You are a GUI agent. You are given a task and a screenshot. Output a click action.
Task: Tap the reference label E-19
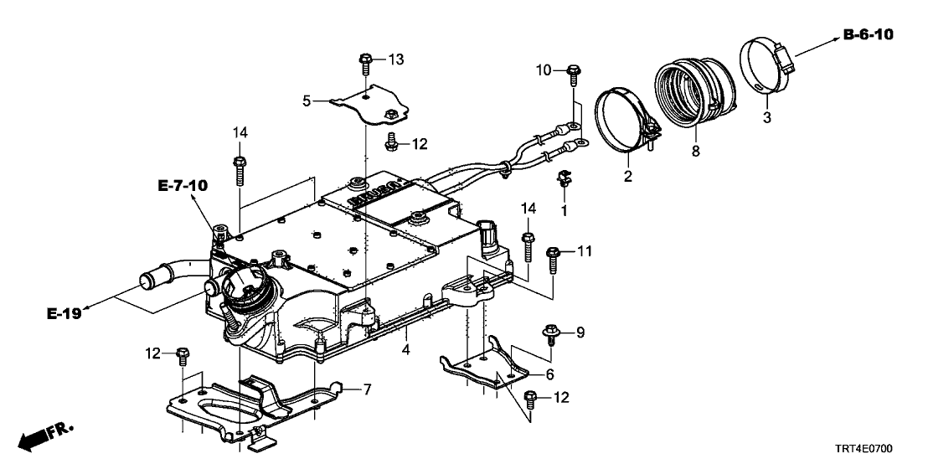point(64,314)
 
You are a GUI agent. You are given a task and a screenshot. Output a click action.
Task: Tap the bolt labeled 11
point(553,256)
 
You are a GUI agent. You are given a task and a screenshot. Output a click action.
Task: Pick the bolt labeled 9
point(550,333)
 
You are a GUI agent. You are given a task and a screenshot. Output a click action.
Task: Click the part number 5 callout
point(307,101)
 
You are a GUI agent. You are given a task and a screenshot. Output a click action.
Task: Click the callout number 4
point(405,348)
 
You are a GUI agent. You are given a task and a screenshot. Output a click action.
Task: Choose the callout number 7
point(365,389)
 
